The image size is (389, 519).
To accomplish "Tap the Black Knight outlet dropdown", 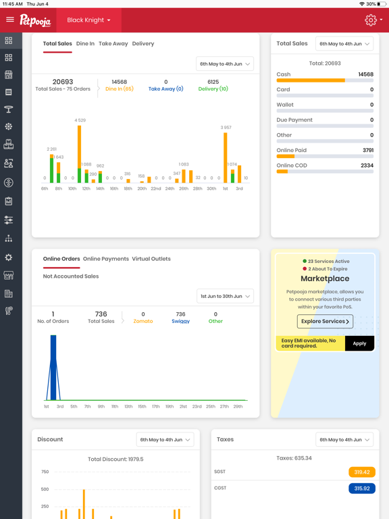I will [88, 20].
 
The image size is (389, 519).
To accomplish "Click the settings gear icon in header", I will [371, 20].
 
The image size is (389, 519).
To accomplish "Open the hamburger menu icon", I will [10, 20].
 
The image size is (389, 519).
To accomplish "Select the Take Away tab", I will [113, 44].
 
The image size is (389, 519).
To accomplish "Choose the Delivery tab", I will [143, 44].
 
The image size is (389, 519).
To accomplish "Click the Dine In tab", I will [85, 44].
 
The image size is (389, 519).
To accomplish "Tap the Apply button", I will [359, 343].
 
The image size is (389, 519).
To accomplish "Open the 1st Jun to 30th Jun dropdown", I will [225, 297].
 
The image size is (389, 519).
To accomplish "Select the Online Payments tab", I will [105, 259].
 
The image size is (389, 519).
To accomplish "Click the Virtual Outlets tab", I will [151, 259].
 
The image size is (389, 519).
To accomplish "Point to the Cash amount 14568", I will [365, 74].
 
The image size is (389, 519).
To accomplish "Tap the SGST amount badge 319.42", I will [362, 472].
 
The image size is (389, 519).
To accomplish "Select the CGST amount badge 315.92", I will [362, 488].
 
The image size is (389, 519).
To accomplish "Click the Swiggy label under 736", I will [180, 322].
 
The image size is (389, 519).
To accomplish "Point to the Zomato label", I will [143, 322].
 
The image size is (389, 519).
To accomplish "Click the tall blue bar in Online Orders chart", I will [53, 368].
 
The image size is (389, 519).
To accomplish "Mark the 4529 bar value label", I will [80, 120].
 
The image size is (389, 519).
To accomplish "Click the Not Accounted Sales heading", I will [71, 276].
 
